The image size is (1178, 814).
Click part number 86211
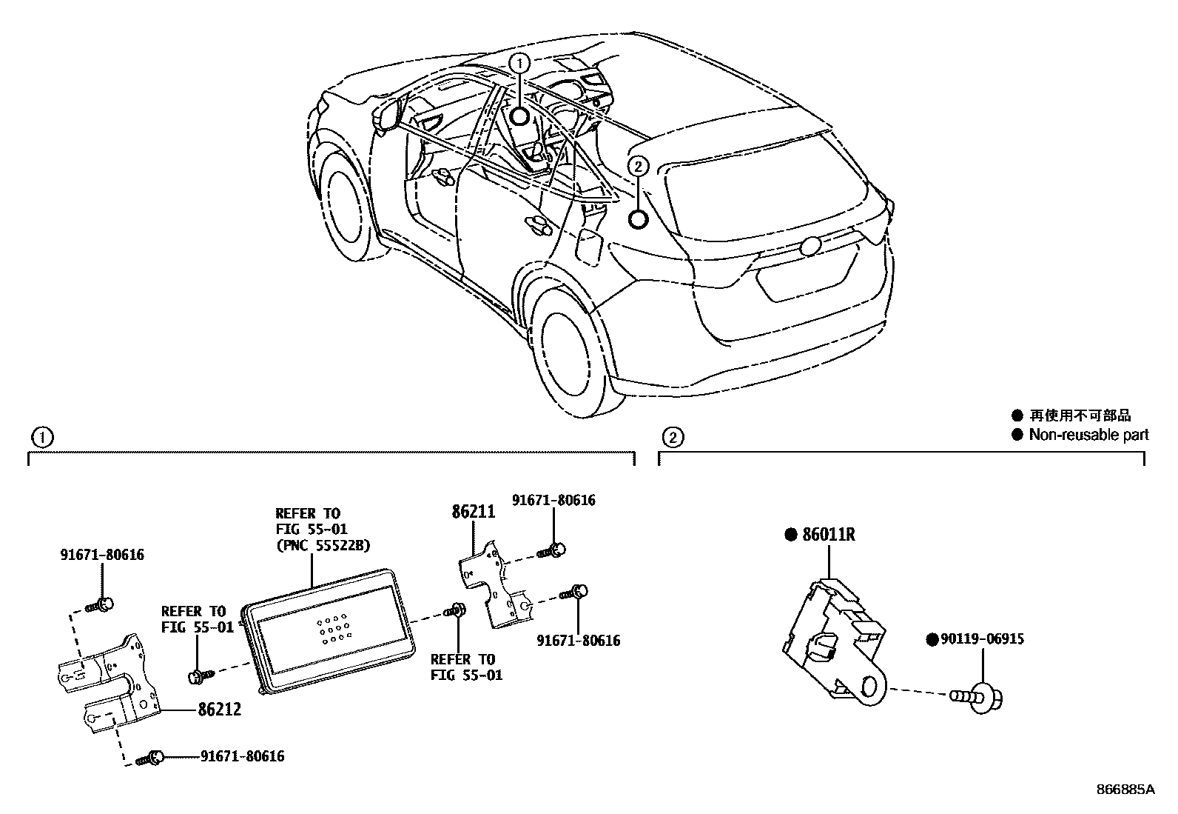click(474, 511)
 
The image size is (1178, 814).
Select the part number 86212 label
click(220, 710)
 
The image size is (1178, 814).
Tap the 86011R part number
click(829, 534)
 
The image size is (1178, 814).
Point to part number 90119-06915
click(983, 638)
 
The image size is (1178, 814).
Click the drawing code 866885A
click(1125, 790)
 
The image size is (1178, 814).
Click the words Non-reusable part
click(1088, 435)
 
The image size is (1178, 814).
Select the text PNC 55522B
click(323, 545)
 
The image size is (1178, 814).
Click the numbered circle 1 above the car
click(519, 62)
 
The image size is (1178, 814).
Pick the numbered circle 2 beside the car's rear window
click(638, 166)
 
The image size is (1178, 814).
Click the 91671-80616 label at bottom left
click(242, 756)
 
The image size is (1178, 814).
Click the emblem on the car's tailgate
click(810, 246)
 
